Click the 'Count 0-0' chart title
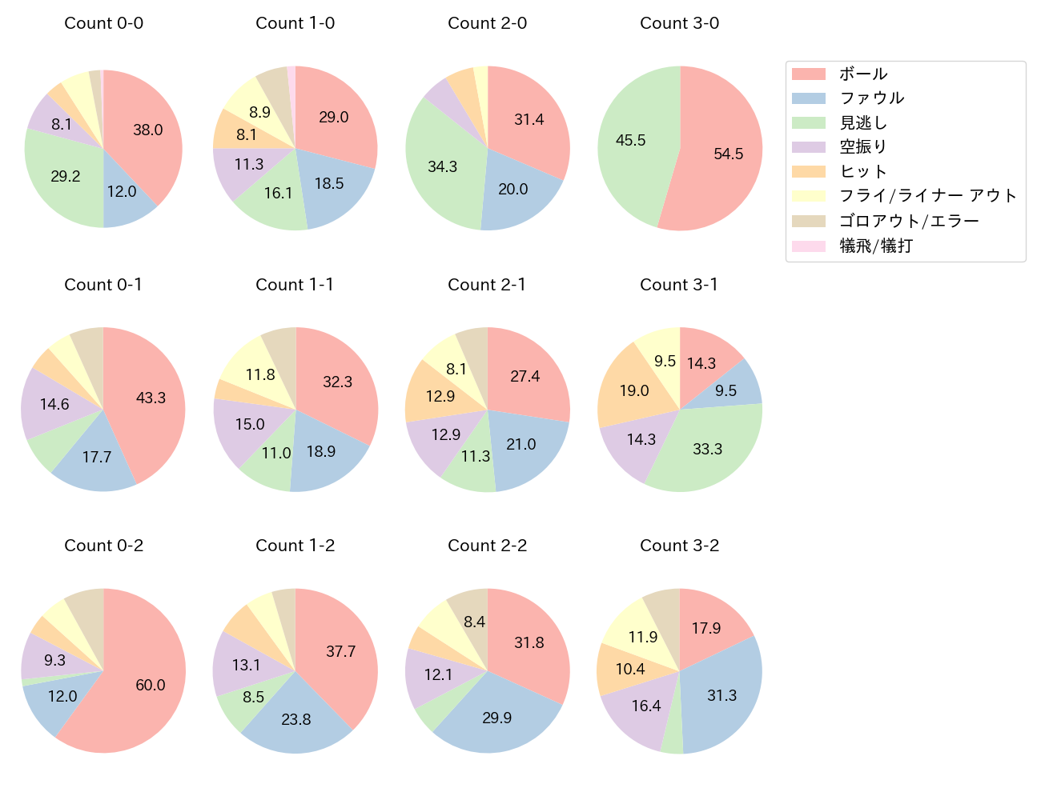[x=103, y=23]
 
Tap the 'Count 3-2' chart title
[x=679, y=546]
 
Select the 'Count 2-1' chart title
[x=487, y=285]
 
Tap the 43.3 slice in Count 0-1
[x=148, y=400]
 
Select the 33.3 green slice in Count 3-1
[x=705, y=448]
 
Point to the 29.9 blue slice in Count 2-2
[x=496, y=716]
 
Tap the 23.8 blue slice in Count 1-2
[x=295, y=718]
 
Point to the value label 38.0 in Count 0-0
[x=148, y=130]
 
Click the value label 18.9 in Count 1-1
[x=321, y=451]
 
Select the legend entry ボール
[x=863, y=74]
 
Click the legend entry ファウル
[x=871, y=98]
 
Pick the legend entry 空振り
[x=863, y=147]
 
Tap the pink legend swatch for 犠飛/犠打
[x=809, y=246]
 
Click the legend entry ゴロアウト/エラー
[x=909, y=221]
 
